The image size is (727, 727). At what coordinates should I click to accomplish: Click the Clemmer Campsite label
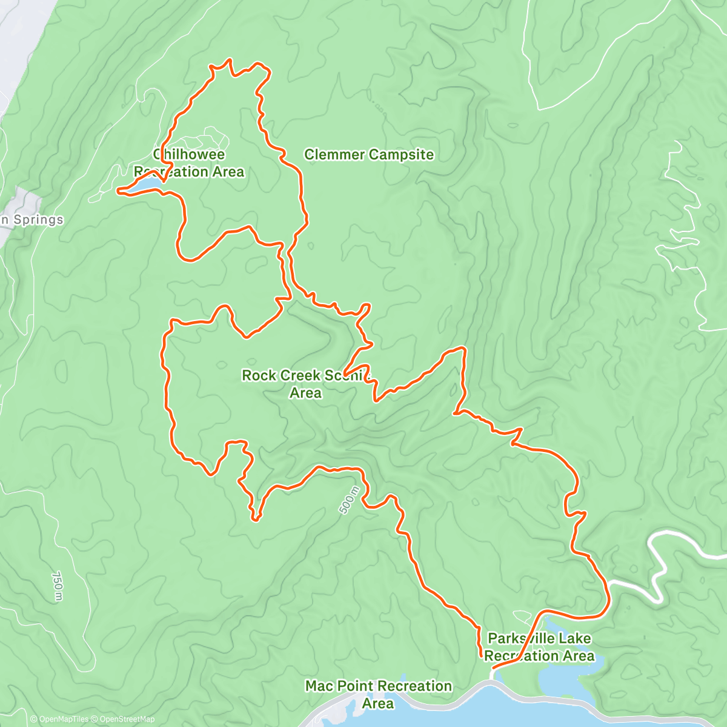(x=369, y=154)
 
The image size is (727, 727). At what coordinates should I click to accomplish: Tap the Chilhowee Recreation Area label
(x=189, y=163)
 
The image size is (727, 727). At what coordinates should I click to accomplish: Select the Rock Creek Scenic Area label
(x=305, y=383)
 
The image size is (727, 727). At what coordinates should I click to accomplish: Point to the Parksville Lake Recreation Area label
(x=539, y=647)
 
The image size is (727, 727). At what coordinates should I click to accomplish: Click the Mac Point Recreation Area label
(x=378, y=694)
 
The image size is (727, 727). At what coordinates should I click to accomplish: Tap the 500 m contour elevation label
(x=350, y=500)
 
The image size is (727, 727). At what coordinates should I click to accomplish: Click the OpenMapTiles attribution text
(x=59, y=719)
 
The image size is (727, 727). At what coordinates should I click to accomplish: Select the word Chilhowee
(x=189, y=154)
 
